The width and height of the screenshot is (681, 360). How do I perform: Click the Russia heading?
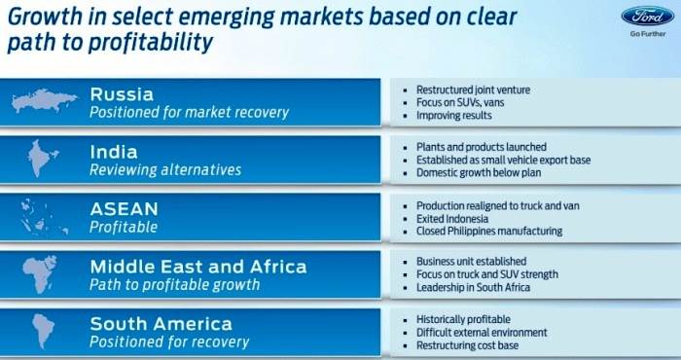pos(123,94)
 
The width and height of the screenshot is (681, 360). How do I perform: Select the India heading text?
pos(114,152)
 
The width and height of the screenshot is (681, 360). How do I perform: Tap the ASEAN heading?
pos(124,208)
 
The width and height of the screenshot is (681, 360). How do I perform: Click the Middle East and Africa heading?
pos(197,266)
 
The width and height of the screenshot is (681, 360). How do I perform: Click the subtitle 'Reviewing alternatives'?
pos(164,170)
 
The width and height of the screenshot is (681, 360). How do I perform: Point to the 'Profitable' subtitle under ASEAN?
pos(124,227)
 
